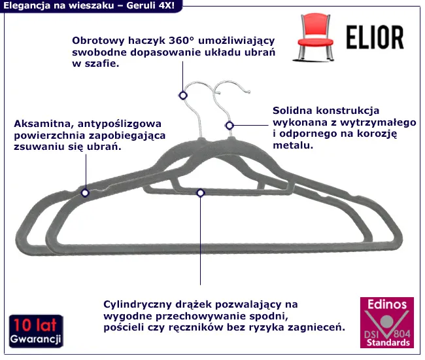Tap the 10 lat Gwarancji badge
tap(37, 332)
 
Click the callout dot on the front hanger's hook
tap(183, 95)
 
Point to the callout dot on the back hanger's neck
tap(229, 125)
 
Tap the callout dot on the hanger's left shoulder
tap(84, 192)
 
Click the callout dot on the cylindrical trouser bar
tap(200, 192)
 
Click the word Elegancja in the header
tap(27, 5)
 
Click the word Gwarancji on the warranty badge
tap(37, 339)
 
